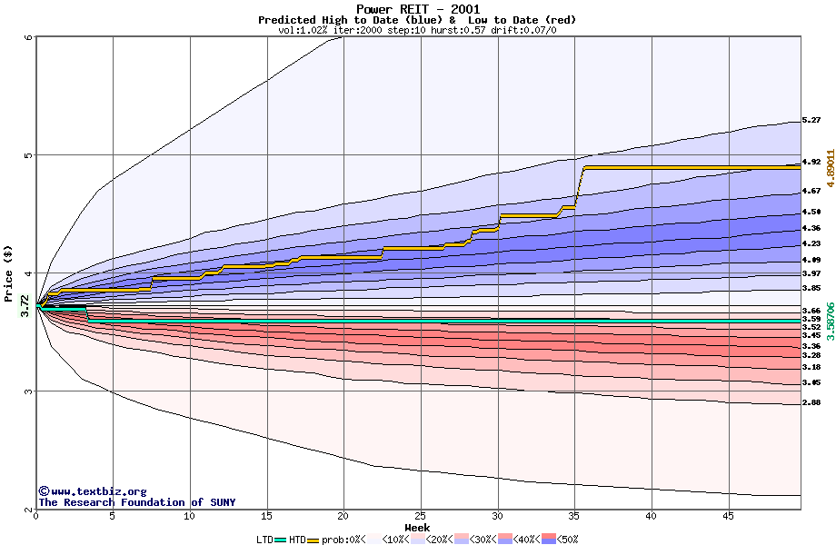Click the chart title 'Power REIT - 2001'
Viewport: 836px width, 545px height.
[x=417, y=9]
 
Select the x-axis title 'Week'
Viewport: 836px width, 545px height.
[x=417, y=527]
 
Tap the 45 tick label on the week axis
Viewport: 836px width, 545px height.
[x=729, y=516]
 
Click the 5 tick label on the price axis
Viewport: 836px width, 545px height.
[x=28, y=155]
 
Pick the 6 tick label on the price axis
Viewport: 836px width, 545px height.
[x=28, y=37]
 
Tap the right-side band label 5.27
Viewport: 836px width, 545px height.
[x=811, y=120]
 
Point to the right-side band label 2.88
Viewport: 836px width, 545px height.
[x=811, y=402]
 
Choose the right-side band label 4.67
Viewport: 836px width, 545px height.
[x=811, y=192]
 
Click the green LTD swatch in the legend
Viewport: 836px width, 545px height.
[x=280, y=540]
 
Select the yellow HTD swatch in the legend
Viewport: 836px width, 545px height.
[x=313, y=540]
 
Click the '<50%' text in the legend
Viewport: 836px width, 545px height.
[x=568, y=540]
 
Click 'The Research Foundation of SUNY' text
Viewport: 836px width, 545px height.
[x=136, y=502]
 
